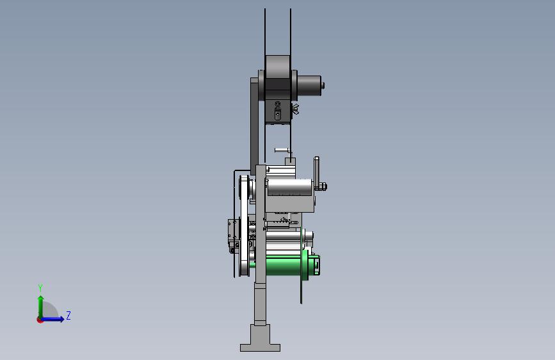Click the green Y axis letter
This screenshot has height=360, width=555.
[x=40, y=288]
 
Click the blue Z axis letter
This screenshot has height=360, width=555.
[x=68, y=315]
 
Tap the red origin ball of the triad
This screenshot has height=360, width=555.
[x=40, y=320]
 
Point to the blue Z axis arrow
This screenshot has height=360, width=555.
[x=52, y=319]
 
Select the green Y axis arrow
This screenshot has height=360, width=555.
[x=41, y=307]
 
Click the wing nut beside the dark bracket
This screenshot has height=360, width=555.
[x=295, y=109]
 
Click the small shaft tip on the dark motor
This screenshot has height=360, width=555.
[x=323, y=86]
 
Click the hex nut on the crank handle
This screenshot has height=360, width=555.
[x=323, y=186]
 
